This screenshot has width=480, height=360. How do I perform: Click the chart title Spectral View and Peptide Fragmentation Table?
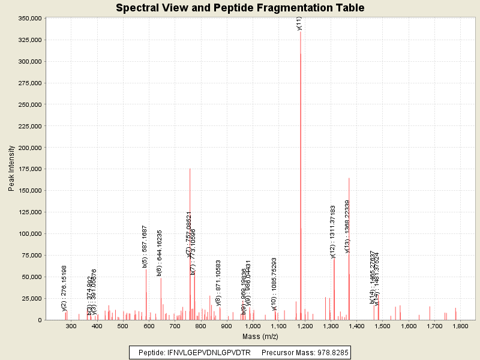pyautogui.click(x=240, y=8)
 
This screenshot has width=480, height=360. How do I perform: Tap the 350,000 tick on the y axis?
pyautogui.click(x=28, y=18)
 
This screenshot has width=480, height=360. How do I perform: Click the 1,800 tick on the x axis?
pyautogui.click(x=460, y=326)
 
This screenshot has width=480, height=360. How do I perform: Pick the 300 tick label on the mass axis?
pyautogui.click(x=71, y=326)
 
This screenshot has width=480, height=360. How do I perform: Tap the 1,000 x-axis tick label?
pyautogui.click(x=253, y=326)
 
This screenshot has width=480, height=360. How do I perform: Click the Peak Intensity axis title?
pyautogui.click(x=11, y=169)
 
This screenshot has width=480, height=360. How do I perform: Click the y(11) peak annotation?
pyautogui.click(x=299, y=23)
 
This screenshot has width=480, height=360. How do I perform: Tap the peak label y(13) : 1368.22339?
pyautogui.click(x=347, y=226)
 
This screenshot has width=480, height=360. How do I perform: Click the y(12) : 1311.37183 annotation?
pyautogui.click(x=333, y=231)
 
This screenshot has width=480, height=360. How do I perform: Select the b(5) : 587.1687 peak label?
pyautogui.click(x=145, y=246)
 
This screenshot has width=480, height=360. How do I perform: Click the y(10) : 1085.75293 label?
pyautogui.click(x=274, y=284)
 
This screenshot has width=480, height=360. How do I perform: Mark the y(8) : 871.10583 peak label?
pyautogui.click(x=218, y=283)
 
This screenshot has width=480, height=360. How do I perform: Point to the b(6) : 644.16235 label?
pyautogui.click(x=160, y=252)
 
